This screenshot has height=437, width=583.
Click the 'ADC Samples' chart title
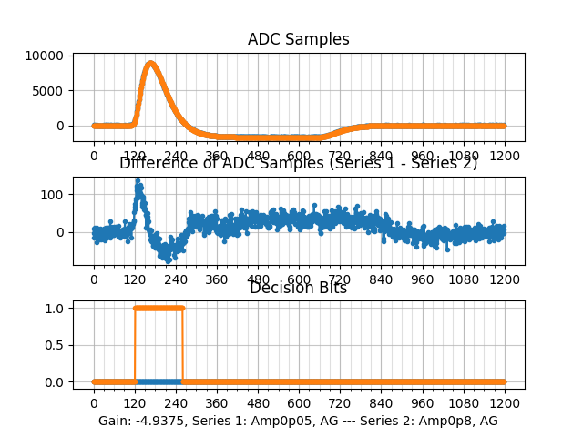[x=298, y=39]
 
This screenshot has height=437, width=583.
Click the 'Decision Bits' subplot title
[x=298, y=288]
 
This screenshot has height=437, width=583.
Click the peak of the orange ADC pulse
[x=150, y=63]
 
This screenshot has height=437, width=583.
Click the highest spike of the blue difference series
[x=138, y=181]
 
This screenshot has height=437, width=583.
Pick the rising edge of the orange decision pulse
[x=135, y=344]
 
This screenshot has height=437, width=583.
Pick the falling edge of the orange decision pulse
[x=182, y=344]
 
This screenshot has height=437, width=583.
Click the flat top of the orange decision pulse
[x=159, y=308]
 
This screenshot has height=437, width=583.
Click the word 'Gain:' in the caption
[x=116, y=421]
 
